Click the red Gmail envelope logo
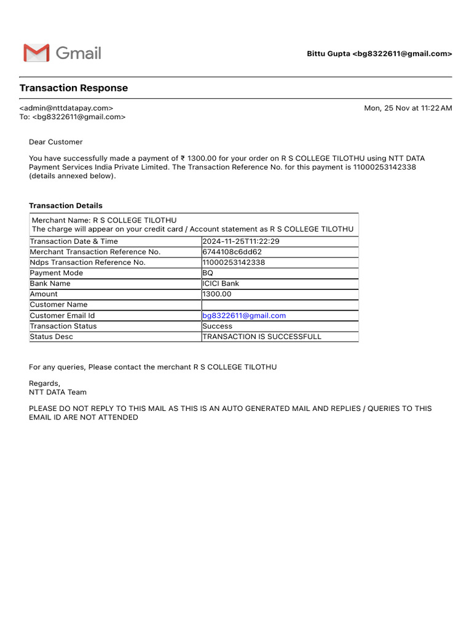point(36,53)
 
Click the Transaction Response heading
point(74,88)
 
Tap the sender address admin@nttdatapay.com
point(66,108)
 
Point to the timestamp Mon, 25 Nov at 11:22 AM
point(408,108)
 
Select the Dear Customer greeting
point(56,142)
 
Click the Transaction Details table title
point(66,206)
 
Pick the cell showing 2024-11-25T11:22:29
point(241,241)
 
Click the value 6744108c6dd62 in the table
point(232,252)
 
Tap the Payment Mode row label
point(57,273)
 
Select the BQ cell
point(208,273)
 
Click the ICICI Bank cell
point(221,284)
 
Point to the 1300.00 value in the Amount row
point(217,294)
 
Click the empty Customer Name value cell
point(280,305)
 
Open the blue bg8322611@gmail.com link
point(244,316)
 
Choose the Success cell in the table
point(218,326)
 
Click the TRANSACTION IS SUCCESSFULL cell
point(262,337)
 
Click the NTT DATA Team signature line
point(58,392)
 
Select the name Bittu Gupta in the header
point(329,54)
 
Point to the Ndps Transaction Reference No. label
point(88,262)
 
